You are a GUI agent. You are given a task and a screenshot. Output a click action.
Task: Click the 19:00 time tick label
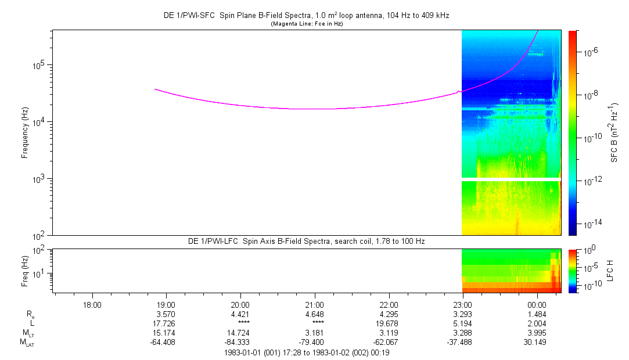click(x=166, y=304)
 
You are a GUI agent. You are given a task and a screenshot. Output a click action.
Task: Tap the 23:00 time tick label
click(x=462, y=304)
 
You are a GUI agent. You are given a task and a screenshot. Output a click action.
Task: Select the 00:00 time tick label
click(x=537, y=304)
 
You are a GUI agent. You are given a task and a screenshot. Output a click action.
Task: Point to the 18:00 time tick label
click(x=92, y=304)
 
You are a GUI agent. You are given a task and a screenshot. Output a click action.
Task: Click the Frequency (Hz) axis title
click(x=25, y=132)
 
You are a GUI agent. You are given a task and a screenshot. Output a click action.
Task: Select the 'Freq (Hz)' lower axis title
click(x=25, y=271)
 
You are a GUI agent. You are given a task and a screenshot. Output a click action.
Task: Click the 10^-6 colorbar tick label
click(x=591, y=52)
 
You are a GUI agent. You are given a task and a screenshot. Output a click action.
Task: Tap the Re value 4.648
click(x=314, y=314)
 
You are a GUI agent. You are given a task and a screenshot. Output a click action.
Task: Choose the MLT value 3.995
click(x=537, y=333)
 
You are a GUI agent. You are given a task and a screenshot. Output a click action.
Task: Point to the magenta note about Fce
click(x=306, y=24)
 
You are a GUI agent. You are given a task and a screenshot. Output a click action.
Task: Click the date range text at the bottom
click(x=306, y=352)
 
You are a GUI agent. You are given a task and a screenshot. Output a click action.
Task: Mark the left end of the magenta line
click(x=155, y=89)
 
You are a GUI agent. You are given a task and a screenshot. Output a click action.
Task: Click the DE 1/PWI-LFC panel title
click(x=306, y=240)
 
